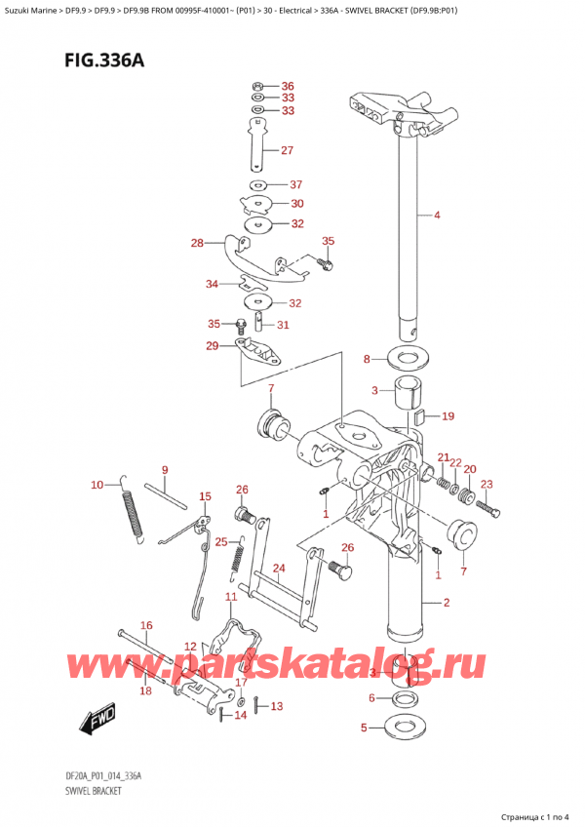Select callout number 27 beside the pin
tap(287, 150)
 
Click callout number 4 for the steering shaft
tap(437, 215)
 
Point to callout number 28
tap(197, 243)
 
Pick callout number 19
tap(448, 416)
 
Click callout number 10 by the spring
tap(97, 485)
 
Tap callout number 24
tap(278, 569)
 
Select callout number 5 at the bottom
tap(365, 727)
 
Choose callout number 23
tap(487, 485)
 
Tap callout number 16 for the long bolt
tap(145, 625)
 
